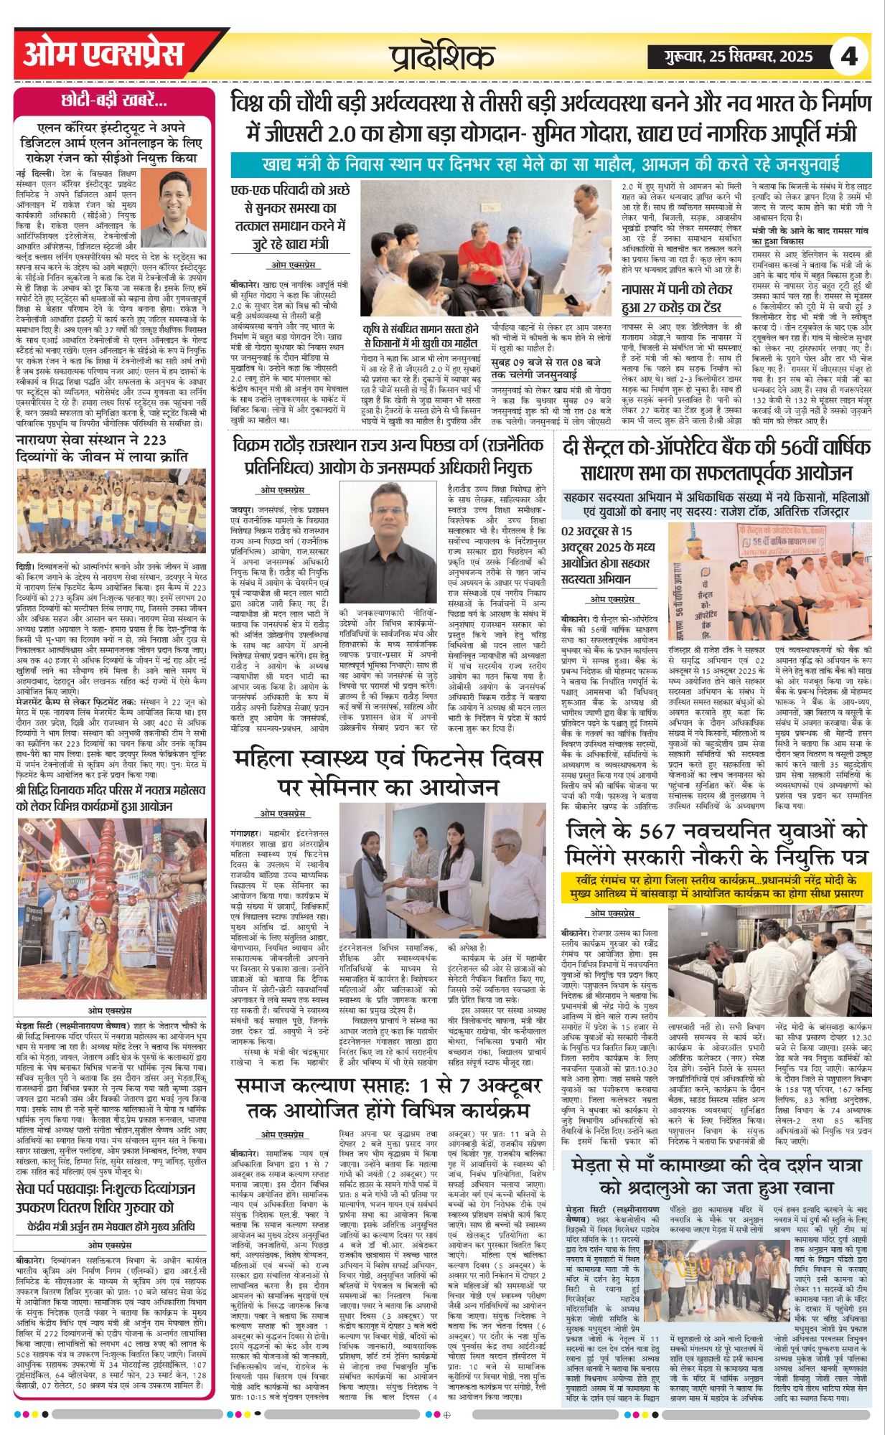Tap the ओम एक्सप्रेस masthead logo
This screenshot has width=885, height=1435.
pyautogui.click(x=103, y=54)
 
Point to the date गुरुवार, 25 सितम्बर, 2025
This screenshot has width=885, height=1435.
pyautogui.click(x=731, y=56)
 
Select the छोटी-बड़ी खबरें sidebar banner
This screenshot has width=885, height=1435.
pyautogui.click(x=114, y=100)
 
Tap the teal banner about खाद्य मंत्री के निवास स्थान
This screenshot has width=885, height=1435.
pyautogui.click(x=551, y=164)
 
